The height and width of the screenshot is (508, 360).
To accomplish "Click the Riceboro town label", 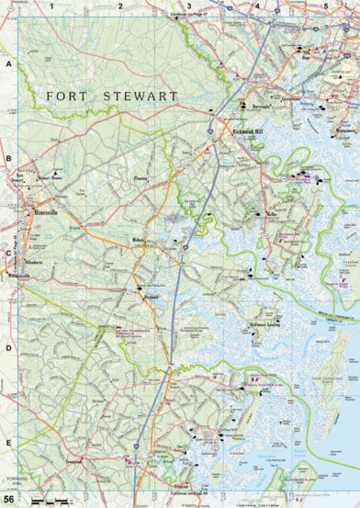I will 152,299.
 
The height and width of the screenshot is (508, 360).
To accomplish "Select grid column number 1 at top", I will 52,5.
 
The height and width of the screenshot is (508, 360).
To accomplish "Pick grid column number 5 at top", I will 326,5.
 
